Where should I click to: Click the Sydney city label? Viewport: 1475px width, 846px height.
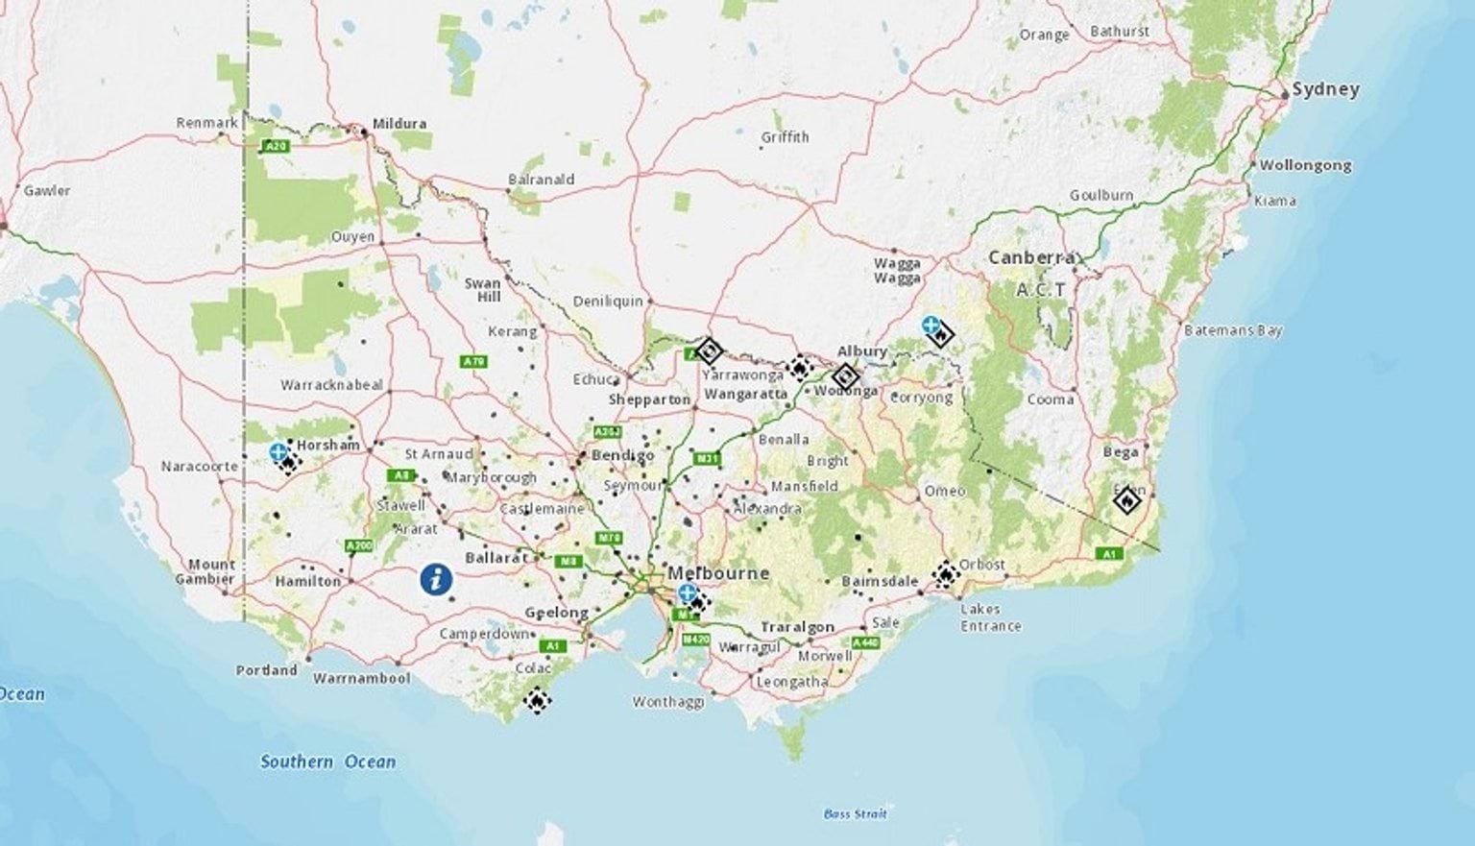[1325, 89]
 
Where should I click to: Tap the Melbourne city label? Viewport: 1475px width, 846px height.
[718, 573]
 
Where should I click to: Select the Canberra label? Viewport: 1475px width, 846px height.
[1031, 257]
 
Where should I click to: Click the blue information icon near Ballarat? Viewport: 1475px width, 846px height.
[436, 579]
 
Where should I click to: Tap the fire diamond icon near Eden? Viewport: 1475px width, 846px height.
[1127, 499]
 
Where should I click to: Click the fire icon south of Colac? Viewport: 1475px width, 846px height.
[537, 700]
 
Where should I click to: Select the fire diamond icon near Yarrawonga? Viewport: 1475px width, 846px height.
[709, 350]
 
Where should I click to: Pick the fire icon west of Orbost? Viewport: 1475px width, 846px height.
[946, 574]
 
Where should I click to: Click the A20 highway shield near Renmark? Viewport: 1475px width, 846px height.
[276, 146]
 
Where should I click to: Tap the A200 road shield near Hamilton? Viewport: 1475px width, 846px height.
[358, 546]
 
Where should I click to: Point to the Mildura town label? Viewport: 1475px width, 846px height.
[399, 124]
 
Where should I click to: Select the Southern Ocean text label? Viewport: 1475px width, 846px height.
[327, 761]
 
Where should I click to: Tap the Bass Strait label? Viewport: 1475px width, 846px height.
[855, 814]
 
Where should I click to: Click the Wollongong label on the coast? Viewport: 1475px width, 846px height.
[1305, 165]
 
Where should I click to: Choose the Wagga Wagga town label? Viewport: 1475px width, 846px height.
[897, 270]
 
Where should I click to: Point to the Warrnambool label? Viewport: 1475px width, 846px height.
[361, 678]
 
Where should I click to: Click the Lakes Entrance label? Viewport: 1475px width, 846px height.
[990, 617]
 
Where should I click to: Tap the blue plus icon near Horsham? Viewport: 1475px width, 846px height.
[278, 451]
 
